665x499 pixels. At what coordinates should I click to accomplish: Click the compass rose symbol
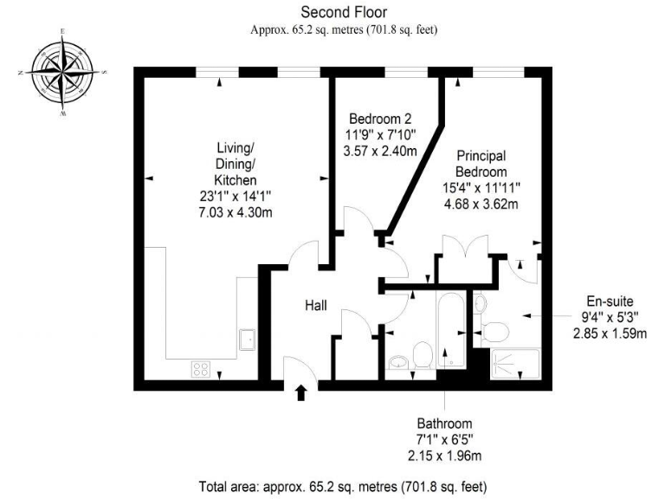(x=62, y=73)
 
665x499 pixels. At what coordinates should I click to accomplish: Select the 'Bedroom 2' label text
(x=380, y=119)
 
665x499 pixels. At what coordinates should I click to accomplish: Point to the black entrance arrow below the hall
(x=301, y=393)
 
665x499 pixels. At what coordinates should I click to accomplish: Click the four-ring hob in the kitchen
(x=201, y=368)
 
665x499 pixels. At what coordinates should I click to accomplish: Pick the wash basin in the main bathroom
(x=399, y=363)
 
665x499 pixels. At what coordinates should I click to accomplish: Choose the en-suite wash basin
(x=480, y=305)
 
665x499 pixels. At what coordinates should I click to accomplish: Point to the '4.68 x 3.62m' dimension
(x=482, y=204)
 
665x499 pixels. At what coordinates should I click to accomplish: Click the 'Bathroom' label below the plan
(x=444, y=424)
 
